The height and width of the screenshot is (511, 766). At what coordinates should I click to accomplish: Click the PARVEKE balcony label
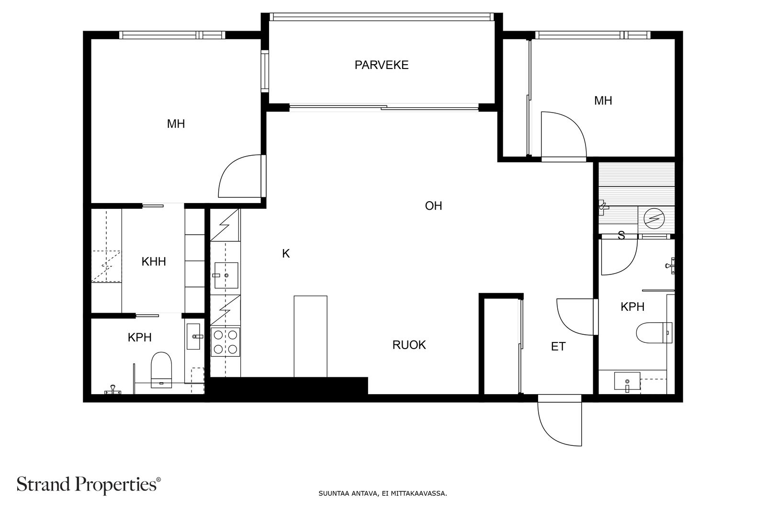pos(381,65)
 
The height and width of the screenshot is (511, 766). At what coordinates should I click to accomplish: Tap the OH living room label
pos(433,205)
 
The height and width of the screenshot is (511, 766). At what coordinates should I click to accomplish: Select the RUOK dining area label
pos(409,345)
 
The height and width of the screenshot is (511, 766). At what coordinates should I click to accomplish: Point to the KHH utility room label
pos(154,261)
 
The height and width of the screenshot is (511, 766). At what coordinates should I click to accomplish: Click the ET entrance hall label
pos(558,346)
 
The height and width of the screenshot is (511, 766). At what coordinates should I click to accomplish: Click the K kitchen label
pos(286,253)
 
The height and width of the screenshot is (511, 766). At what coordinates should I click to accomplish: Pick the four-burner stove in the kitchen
pos(225,341)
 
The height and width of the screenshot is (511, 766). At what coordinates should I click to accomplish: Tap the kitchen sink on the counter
pos(226,275)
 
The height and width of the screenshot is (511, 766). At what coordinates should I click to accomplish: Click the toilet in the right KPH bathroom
pos(654,332)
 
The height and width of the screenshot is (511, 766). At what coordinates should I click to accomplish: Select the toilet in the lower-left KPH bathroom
pos(161,370)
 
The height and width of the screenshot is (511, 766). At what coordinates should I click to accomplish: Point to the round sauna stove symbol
pos(654,218)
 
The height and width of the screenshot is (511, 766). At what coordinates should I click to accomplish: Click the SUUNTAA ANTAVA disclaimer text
pos(383,494)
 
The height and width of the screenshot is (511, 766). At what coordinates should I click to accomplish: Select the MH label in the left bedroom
pos(176,124)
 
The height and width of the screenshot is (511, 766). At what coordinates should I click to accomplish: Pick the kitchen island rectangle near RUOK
pos(311,337)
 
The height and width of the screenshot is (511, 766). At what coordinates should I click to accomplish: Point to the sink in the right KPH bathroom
pos(627,381)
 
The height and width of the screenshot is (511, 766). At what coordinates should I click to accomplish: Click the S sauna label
pos(621,235)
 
